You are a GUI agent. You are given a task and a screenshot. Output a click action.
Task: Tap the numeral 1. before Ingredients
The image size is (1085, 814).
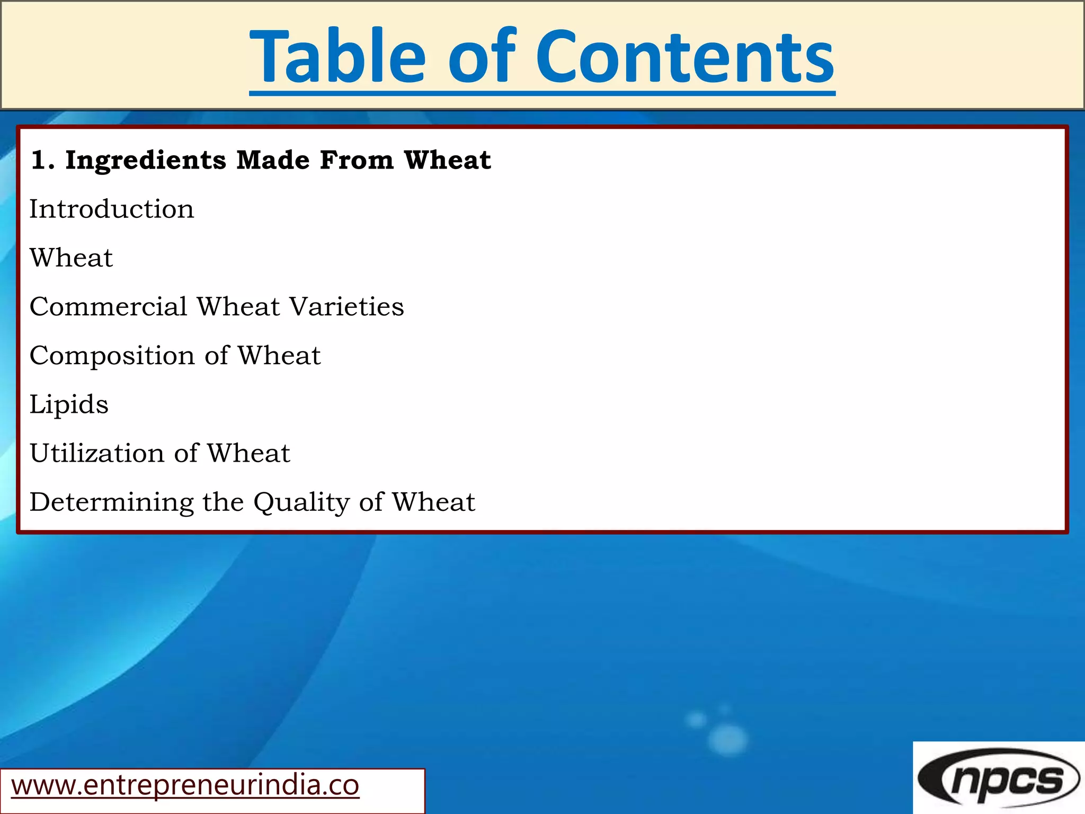tap(42, 160)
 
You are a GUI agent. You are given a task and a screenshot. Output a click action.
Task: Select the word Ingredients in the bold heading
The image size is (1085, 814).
tap(146, 160)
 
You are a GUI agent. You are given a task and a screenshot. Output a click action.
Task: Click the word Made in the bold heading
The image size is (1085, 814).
tap(272, 160)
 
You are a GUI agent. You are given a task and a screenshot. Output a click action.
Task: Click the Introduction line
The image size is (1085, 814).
tap(112, 209)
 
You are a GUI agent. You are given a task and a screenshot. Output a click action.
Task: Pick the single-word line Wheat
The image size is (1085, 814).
tap(71, 258)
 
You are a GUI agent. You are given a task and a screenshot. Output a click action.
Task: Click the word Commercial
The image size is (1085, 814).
tap(109, 307)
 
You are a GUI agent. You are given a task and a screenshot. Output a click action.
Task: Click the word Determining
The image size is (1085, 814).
tap(112, 502)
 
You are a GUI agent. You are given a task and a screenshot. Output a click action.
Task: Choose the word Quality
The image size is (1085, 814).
tap(301, 502)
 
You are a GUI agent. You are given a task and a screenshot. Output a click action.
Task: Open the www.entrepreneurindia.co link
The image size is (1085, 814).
tap(185, 785)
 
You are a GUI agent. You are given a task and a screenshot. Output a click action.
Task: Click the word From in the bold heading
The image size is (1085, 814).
tap(357, 160)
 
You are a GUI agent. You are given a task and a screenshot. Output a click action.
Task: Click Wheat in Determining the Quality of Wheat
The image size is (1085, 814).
tap(433, 502)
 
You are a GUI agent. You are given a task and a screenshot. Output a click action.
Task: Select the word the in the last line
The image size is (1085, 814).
tap(223, 502)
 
